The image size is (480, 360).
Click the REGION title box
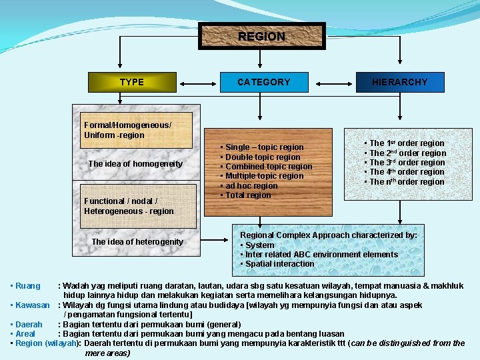tap(261, 37)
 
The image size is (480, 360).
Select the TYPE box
tap(132, 82)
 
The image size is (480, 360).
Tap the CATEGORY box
tap(264, 82)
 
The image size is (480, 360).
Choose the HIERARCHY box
tap(400, 82)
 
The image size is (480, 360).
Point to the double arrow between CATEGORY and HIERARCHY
tap(332, 83)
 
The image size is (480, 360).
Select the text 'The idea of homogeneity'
tap(135, 164)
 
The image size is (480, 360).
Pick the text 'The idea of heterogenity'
tap(137, 241)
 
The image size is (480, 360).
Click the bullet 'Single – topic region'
tap(264, 147)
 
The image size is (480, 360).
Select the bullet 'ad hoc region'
tap(251, 186)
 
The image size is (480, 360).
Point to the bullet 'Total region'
tap(248, 195)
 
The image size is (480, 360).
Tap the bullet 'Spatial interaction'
tap(280, 264)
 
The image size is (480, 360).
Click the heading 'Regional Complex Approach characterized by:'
tap(329, 235)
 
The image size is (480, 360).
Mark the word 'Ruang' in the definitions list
tap(28, 286)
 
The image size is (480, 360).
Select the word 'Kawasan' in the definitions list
tap(33, 305)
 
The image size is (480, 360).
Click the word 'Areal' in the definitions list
tap(25, 333)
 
